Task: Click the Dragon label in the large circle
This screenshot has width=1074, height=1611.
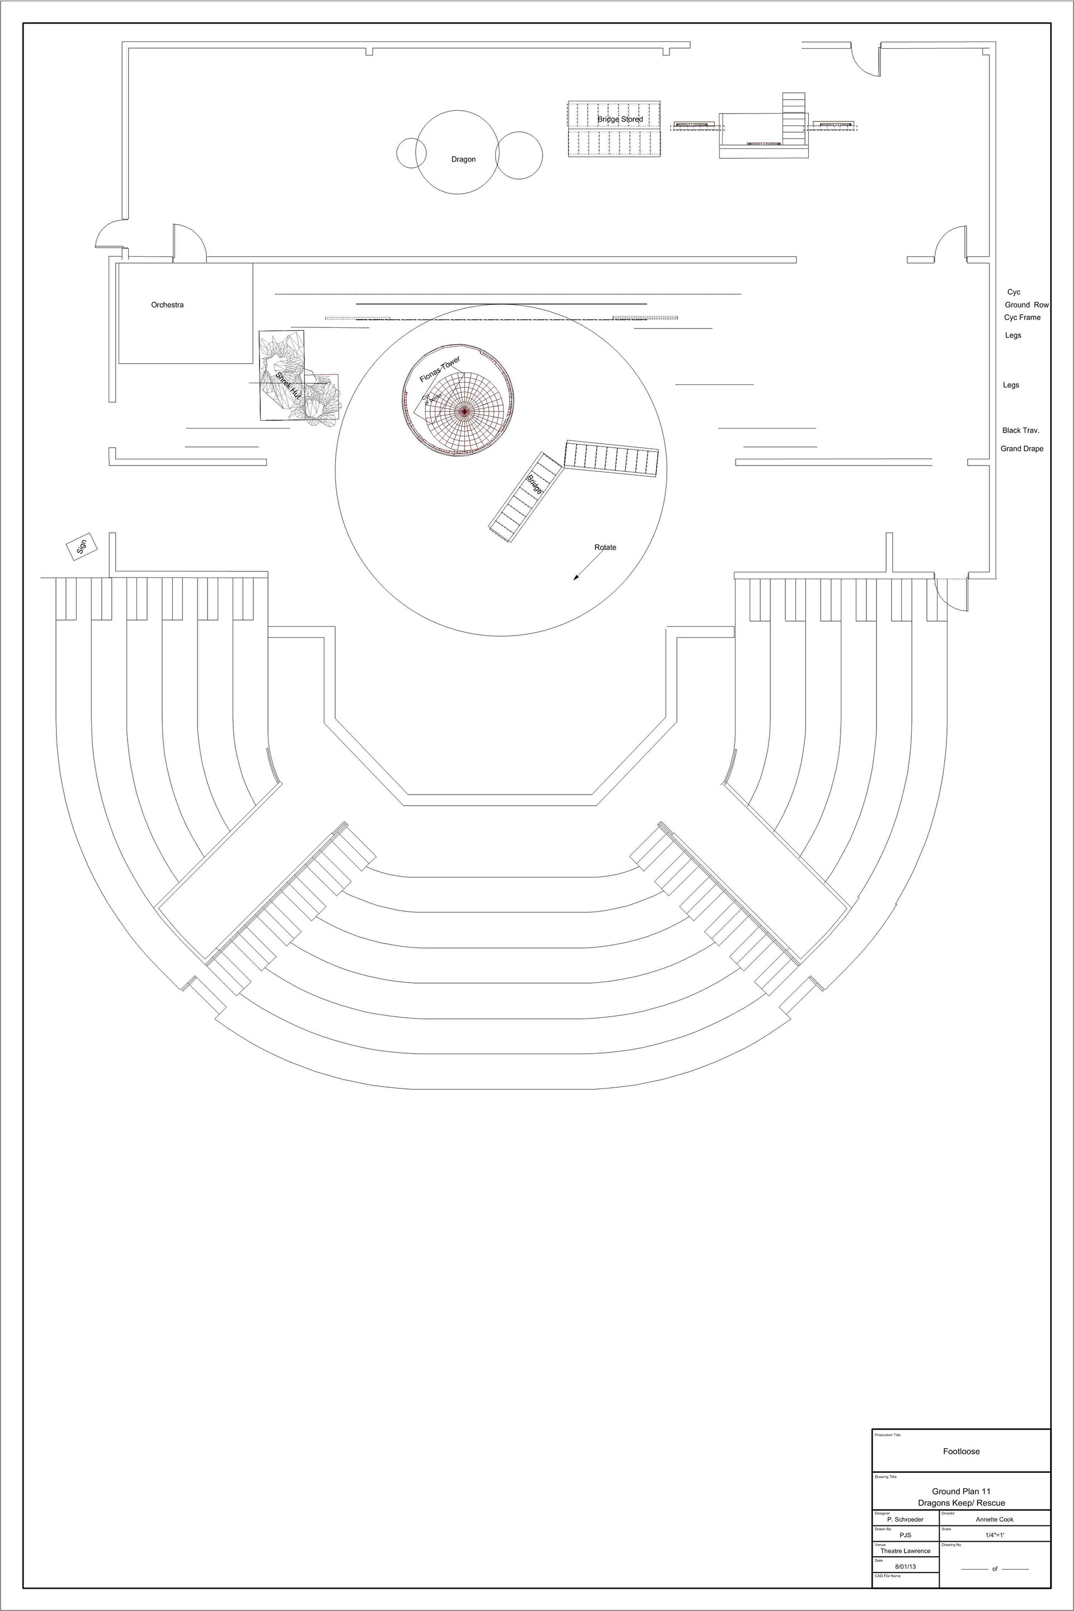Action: pos(463,159)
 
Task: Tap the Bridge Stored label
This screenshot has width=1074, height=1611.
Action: pos(620,119)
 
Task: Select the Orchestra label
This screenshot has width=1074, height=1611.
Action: pos(167,305)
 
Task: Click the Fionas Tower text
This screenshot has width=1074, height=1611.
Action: pos(440,369)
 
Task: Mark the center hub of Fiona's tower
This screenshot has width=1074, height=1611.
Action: pos(464,411)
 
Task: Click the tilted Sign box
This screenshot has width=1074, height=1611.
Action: pos(82,546)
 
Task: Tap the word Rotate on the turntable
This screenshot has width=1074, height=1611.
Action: pos(605,547)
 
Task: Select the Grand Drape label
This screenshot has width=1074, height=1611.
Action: pos(1022,449)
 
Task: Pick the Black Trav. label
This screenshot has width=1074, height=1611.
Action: pos(1020,430)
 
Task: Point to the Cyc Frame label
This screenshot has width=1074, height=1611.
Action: pos(1022,317)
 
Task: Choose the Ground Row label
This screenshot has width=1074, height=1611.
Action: pos(1026,305)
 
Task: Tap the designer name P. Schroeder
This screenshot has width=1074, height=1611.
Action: pos(905,1519)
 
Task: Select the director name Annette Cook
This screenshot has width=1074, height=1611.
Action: pos(995,1519)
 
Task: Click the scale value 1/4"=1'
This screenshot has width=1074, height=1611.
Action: pos(995,1535)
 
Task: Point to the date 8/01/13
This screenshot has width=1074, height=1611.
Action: pos(906,1566)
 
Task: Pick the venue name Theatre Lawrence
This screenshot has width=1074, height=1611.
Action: pos(906,1551)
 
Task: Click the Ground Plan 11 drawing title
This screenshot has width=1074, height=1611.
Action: pos(961,1491)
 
